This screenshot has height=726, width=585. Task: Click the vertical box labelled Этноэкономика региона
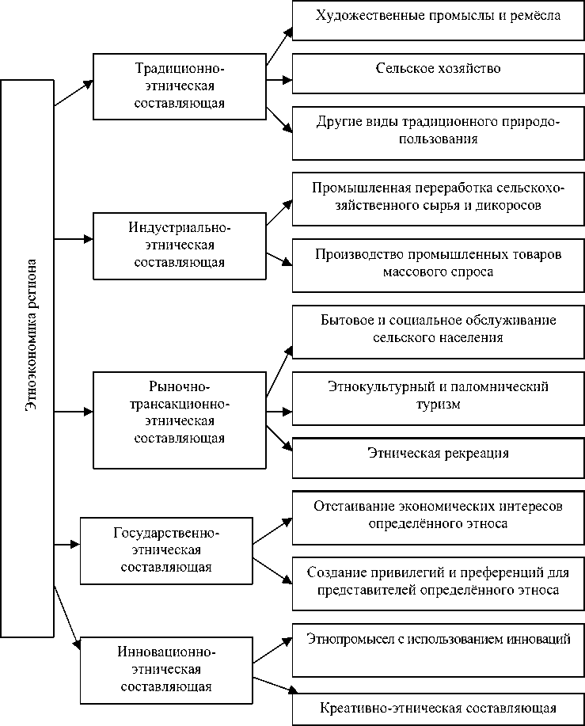pyautogui.click(x=27, y=356)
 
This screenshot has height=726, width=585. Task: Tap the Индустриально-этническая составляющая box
pyautogui.click(x=179, y=245)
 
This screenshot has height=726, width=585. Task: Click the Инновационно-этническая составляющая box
pyautogui.click(x=165, y=670)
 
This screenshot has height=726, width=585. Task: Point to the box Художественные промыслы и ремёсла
pyautogui.click(x=438, y=18)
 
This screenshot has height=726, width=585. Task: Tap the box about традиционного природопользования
pyautogui.click(x=438, y=131)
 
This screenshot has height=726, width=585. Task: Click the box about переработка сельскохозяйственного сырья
pyautogui.click(x=438, y=198)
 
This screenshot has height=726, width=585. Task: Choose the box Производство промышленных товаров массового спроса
pyautogui.click(x=438, y=264)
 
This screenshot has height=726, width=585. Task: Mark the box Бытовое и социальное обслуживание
pyautogui.click(x=438, y=329)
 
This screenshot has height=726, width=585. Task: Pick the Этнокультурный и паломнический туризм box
pyautogui.click(x=438, y=395)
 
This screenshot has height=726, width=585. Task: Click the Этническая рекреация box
pyautogui.click(x=438, y=456)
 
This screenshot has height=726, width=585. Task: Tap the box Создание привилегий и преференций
pyautogui.click(x=438, y=582)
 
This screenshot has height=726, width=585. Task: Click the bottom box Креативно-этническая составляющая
pyautogui.click(x=438, y=709)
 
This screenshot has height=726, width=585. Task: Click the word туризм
pyautogui.click(x=438, y=404)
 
